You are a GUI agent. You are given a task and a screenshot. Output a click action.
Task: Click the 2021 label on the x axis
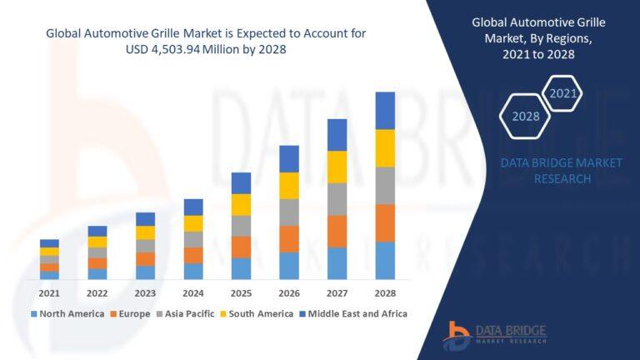click(x=49, y=293)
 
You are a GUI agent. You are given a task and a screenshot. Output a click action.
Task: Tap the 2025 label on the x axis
click(x=241, y=293)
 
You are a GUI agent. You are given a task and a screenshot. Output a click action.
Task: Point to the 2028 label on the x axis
click(x=384, y=293)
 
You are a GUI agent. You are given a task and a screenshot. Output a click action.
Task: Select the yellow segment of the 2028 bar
click(x=384, y=148)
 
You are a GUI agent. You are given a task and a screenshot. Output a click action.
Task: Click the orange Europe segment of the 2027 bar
click(x=337, y=231)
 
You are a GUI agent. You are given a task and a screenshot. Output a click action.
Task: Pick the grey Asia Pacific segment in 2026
click(x=289, y=212)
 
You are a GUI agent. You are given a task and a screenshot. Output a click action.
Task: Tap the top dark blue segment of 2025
click(x=241, y=183)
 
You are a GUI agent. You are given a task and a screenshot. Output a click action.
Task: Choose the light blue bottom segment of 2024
click(x=193, y=271)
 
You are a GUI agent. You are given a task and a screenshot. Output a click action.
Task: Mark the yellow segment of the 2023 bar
click(x=146, y=232)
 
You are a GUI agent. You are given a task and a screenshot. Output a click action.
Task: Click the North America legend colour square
click(x=34, y=314)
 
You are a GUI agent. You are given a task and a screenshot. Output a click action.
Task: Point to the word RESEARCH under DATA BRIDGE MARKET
click(x=546, y=178)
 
